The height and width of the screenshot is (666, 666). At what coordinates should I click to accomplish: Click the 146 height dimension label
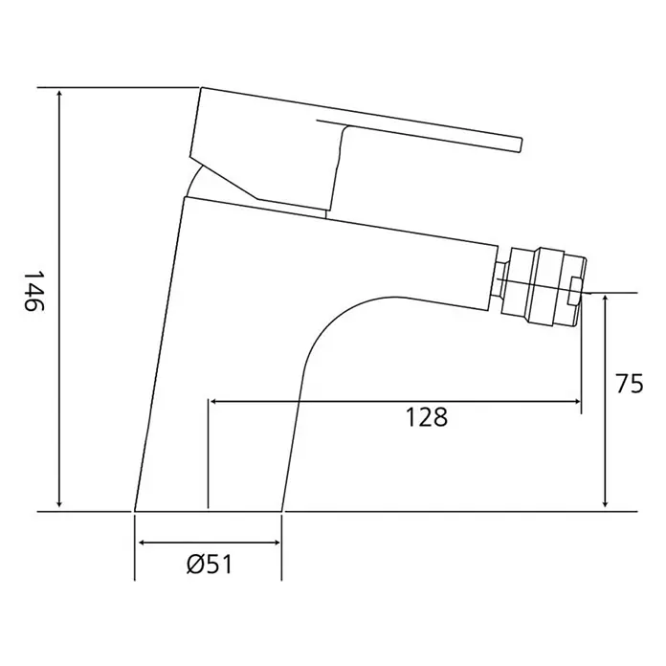click(33, 291)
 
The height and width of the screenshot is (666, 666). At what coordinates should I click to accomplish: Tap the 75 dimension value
click(630, 384)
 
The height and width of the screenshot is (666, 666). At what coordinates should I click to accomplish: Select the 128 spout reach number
click(427, 416)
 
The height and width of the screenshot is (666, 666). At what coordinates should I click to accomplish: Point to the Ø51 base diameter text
click(210, 565)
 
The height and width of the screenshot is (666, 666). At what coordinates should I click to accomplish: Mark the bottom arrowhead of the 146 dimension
click(60, 502)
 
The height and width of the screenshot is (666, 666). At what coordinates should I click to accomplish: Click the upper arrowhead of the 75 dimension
click(606, 301)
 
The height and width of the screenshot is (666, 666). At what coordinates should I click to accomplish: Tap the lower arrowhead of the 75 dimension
click(606, 501)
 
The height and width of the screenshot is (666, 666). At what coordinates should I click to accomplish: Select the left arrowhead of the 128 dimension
click(214, 401)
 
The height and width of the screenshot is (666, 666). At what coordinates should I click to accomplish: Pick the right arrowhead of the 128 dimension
click(575, 401)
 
